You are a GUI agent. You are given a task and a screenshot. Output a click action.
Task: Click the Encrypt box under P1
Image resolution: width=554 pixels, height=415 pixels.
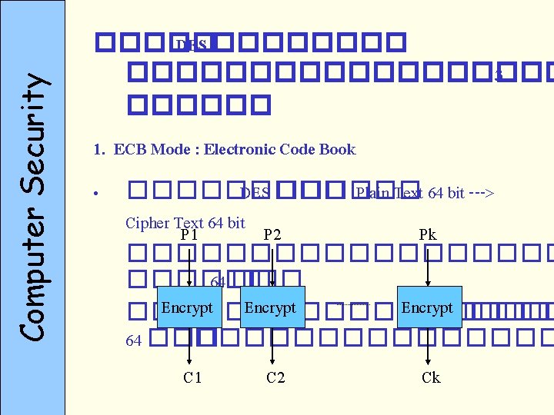(187, 307)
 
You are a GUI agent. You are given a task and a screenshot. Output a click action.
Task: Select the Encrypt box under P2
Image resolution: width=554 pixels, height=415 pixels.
(270, 307)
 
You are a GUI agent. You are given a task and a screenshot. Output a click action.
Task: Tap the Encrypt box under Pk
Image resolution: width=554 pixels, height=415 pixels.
(428, 307)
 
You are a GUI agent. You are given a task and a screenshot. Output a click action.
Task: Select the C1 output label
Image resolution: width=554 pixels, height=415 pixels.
(192, 377)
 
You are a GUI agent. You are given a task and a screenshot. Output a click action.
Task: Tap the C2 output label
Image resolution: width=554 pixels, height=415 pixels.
(275, 377)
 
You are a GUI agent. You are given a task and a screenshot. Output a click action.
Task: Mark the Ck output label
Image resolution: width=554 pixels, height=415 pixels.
(431, 377)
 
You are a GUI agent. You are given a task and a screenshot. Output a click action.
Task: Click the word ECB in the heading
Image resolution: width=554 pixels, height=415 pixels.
(127, 149)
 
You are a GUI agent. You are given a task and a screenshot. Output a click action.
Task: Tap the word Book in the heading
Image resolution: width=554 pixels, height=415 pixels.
(338, 149)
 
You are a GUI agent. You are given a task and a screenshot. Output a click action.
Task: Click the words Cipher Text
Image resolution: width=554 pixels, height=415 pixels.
(157, 223)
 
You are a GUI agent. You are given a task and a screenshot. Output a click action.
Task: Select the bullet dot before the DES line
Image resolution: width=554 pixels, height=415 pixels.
(92, 194)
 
